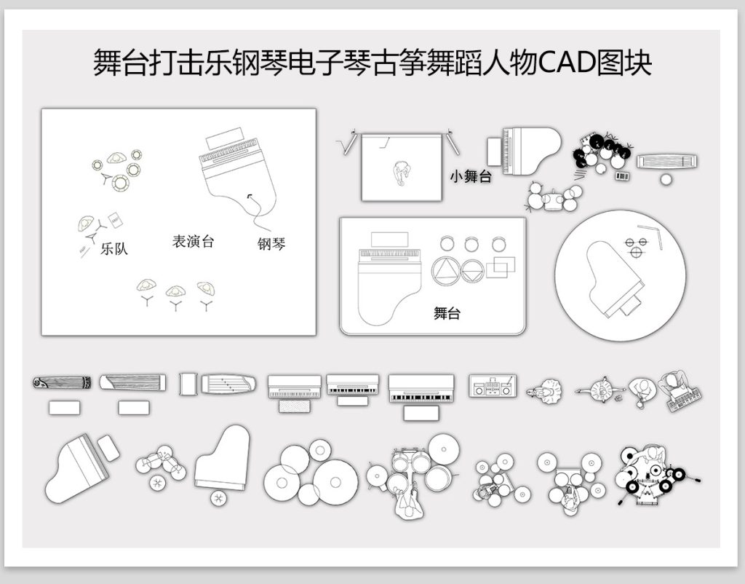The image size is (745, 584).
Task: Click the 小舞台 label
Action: coord(471,177)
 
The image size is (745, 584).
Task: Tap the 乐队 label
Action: coord(114,248)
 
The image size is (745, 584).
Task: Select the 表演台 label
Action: coord(193,241)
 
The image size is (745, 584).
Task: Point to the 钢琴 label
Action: coord(271,244)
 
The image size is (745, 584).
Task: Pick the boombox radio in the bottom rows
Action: coord(493,386)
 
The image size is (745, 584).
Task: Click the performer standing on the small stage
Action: coord(402,174)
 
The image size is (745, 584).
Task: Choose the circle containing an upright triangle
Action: coord(446,271)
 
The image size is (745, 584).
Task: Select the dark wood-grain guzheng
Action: coord(63,383)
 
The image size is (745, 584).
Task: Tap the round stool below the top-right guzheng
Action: coord(666,179)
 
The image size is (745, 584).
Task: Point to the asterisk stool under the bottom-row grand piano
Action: coord(218,498)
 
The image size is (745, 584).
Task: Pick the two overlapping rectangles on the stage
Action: coord(501,267)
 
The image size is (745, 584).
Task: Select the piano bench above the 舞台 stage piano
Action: coord(389,240)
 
